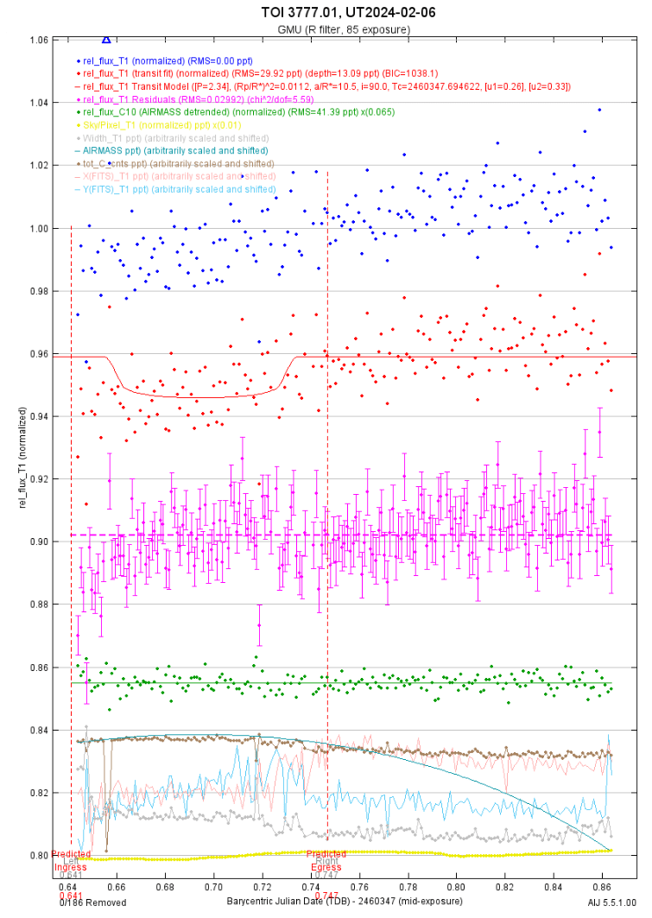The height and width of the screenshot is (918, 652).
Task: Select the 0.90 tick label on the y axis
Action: tap(37, 541)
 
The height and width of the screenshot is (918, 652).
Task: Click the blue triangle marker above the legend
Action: tap(106, 39)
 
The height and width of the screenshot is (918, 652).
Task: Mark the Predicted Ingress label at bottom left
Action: tap(70, 864)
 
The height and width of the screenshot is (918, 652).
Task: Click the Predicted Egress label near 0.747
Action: tap(326, 864)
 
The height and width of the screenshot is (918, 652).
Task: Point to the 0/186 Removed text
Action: tap(92, 902)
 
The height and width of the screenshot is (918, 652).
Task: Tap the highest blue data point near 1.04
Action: tap(598, 110)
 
